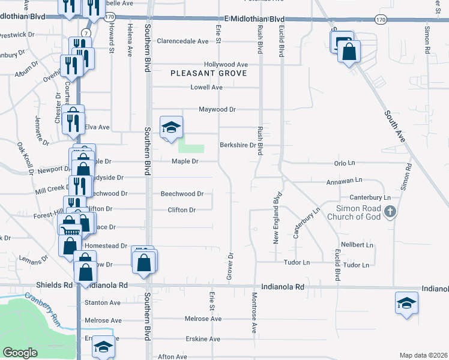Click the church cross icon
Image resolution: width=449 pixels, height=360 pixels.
pyautogui.click(x=390, y=211)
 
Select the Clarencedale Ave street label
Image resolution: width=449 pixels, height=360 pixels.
pyautogui.click(x=182, y=41)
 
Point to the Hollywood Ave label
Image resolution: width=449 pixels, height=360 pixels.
pyautogui.click(x=226, y=64)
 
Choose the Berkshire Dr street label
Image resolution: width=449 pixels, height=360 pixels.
pyautogui.click(x=238, y=145)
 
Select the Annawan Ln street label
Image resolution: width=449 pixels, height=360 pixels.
pyautogui.click(x=343, y=179)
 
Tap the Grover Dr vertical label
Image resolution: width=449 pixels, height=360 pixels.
pyautogui.click(x=229, y=265)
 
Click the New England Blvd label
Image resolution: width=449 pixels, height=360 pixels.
pyautogui.click(x=277, y=218)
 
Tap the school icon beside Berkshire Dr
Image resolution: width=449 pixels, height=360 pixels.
pyautogui.click(x=171, y=127)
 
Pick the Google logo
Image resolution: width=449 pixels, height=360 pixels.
pyautogui.click(x=20, y=353)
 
